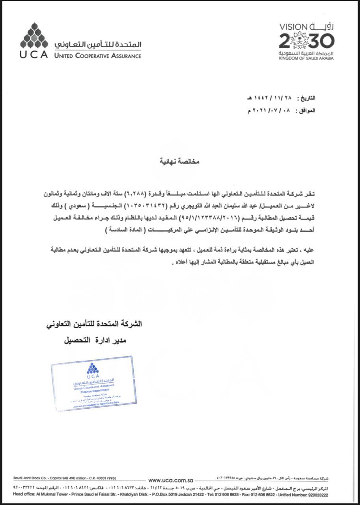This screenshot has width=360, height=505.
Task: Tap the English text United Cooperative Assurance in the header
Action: coord(98,56)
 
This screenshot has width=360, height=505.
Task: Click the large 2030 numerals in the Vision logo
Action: coord(306,41)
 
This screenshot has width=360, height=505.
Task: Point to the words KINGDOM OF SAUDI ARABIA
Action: coord(306,58)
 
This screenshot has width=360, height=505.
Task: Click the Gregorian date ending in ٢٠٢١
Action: coord(272,110)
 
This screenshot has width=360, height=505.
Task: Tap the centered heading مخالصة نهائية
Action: coord(179,161)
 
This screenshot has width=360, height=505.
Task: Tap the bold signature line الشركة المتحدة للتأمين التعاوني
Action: coord(94,324)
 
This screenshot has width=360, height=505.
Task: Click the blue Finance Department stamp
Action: coord(93,382)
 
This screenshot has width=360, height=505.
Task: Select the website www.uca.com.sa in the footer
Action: coord(170,481)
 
